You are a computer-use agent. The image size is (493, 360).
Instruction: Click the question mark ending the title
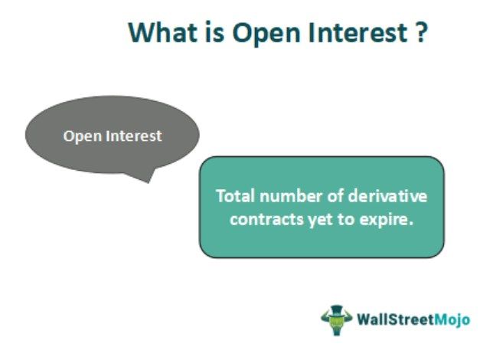(x=420, y=33)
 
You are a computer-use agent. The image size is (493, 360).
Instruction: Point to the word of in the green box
(x=331, y=196)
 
